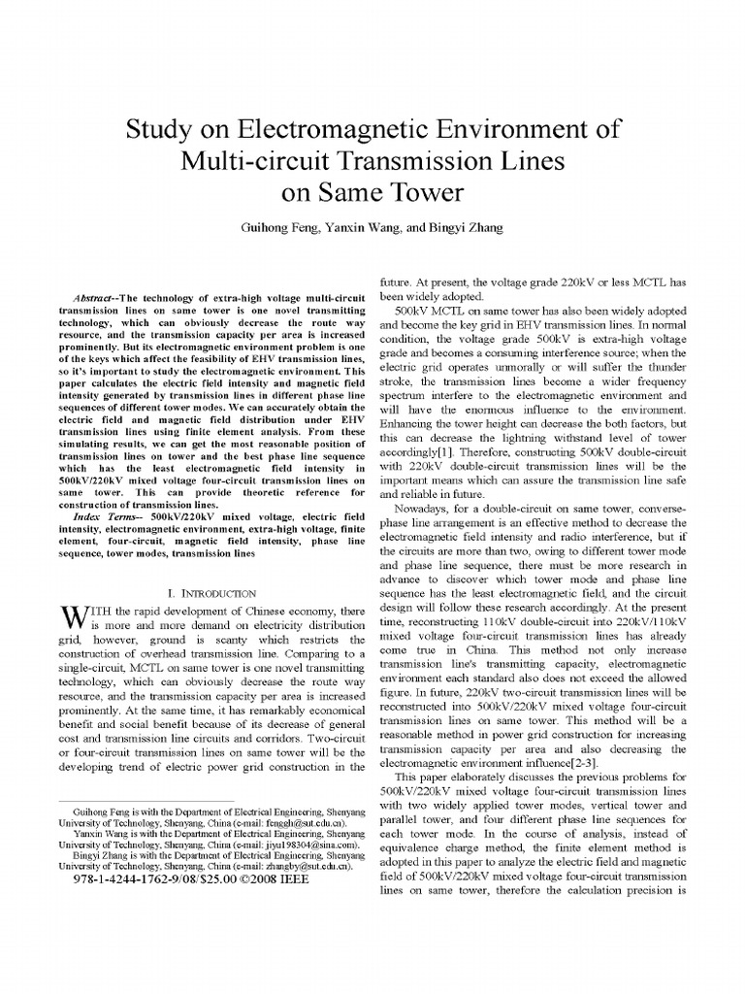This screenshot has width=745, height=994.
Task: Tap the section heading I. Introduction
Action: coord(211,592)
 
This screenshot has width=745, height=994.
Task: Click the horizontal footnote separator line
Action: coord(146,802)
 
